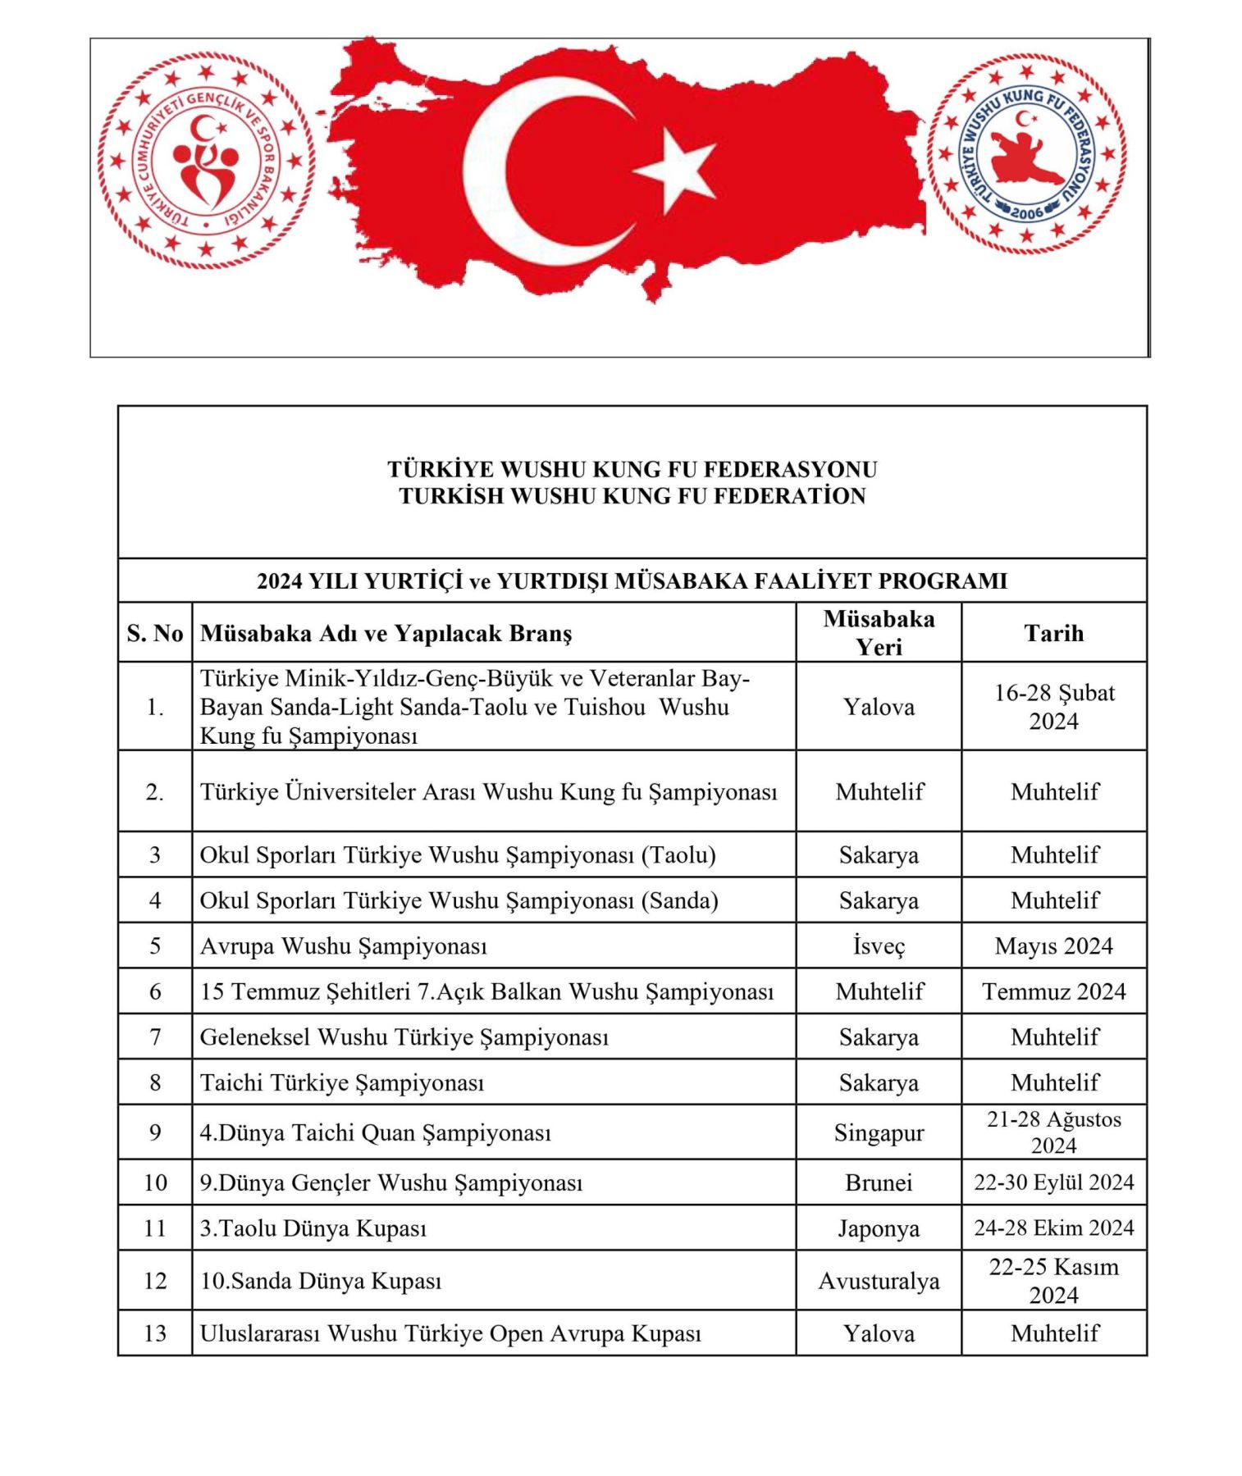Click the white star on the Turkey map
pos(677,171)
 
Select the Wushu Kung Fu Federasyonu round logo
pos(1026,155)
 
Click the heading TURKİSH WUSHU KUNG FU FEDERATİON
pos(632,496)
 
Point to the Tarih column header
pos(1053,633)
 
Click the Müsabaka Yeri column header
pos(878,633)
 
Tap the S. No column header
pos(154,633)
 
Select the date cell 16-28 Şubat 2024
pos(1053,706)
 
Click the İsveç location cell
pos(878,945)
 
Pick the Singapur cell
pos(878,1132)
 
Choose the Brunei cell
pos(878,1182)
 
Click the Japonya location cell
pos(878,1228)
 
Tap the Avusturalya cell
pos(878,1281)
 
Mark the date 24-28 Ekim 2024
pos(1053,1228)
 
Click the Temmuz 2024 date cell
pos(1053,991)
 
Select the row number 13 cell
pos(154,1333)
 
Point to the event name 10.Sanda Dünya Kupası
pos(321,1281)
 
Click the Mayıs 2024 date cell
pos(1053,945)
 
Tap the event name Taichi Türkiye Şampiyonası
pos(342,1082)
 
